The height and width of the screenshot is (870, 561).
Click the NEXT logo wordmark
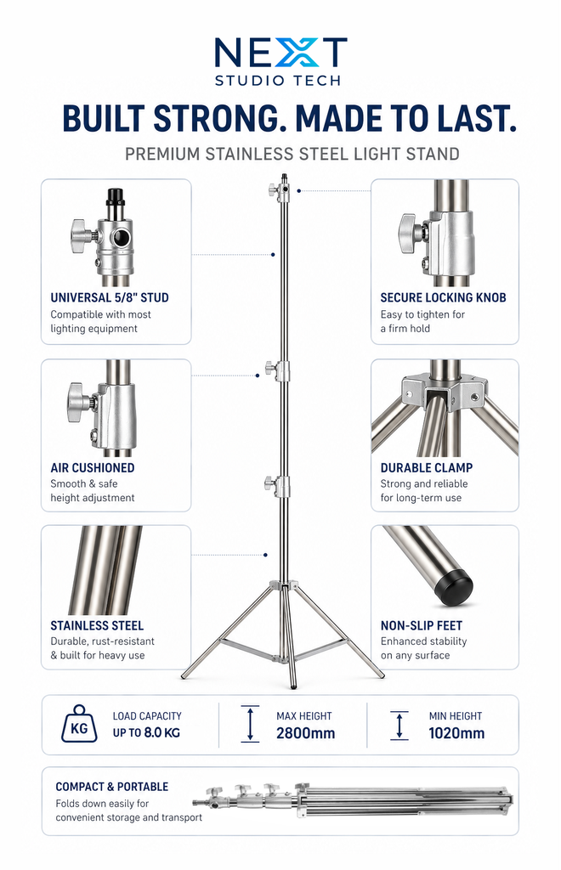[x=280, y=53]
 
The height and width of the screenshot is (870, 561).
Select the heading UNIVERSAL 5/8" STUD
[x=109, y=298]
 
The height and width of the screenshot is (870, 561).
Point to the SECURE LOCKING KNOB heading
[x=443, y=298]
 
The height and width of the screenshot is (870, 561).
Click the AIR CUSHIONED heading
[x=92, y=468]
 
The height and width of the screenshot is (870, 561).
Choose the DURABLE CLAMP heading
[x=426, y=468]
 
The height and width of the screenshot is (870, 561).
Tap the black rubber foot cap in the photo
[x=452, y=587]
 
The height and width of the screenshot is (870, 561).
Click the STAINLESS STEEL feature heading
[x=97, y=626]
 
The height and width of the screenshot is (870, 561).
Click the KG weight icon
[x=78, y=724]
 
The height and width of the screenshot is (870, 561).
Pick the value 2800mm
[x=305, y=733]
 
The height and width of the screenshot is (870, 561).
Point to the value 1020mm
[x=456, y=733]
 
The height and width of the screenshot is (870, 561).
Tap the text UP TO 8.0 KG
[x=147, y=733]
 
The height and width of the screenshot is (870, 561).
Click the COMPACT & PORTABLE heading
[x=112, y=787]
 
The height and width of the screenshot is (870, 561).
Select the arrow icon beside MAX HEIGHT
[x=251, y=724]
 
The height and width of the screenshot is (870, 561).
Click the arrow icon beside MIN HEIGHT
[x=399, y=725]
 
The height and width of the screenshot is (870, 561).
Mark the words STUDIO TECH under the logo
[x=278, y=81]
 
